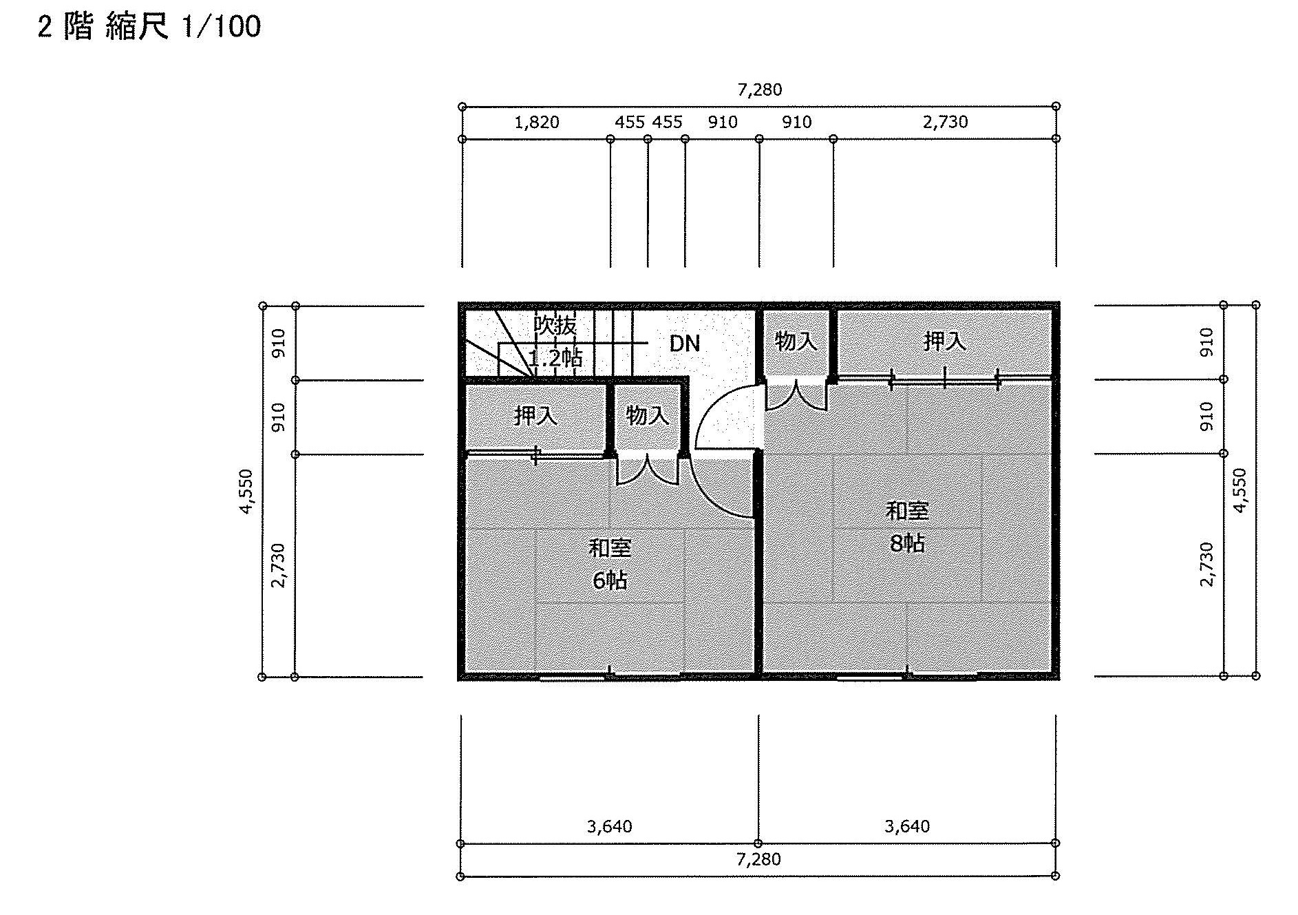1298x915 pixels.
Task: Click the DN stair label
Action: [685, 343]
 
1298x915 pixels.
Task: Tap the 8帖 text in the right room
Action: [907, 543]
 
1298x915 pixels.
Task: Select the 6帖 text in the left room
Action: [610, 580]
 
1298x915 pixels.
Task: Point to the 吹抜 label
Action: [555, 325]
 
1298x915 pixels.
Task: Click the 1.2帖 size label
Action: [555, 357]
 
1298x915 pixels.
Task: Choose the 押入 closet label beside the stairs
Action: [536, 415]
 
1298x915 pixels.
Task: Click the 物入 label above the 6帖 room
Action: [648, 415]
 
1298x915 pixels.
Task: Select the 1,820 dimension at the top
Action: [537, 123]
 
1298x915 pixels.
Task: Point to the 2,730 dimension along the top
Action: [946, 122]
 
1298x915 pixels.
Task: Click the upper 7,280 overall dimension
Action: [760, 90]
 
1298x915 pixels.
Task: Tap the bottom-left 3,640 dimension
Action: [610, 826]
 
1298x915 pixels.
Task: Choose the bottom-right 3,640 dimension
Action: [907, 826]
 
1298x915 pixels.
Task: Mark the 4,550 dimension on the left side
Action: [246, 492]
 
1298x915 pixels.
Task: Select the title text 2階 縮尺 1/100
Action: [149, 28]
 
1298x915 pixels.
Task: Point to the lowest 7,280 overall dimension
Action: [759, 859]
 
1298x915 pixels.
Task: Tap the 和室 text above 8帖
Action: [907, 511]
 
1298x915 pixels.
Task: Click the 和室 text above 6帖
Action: [610, 548]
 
